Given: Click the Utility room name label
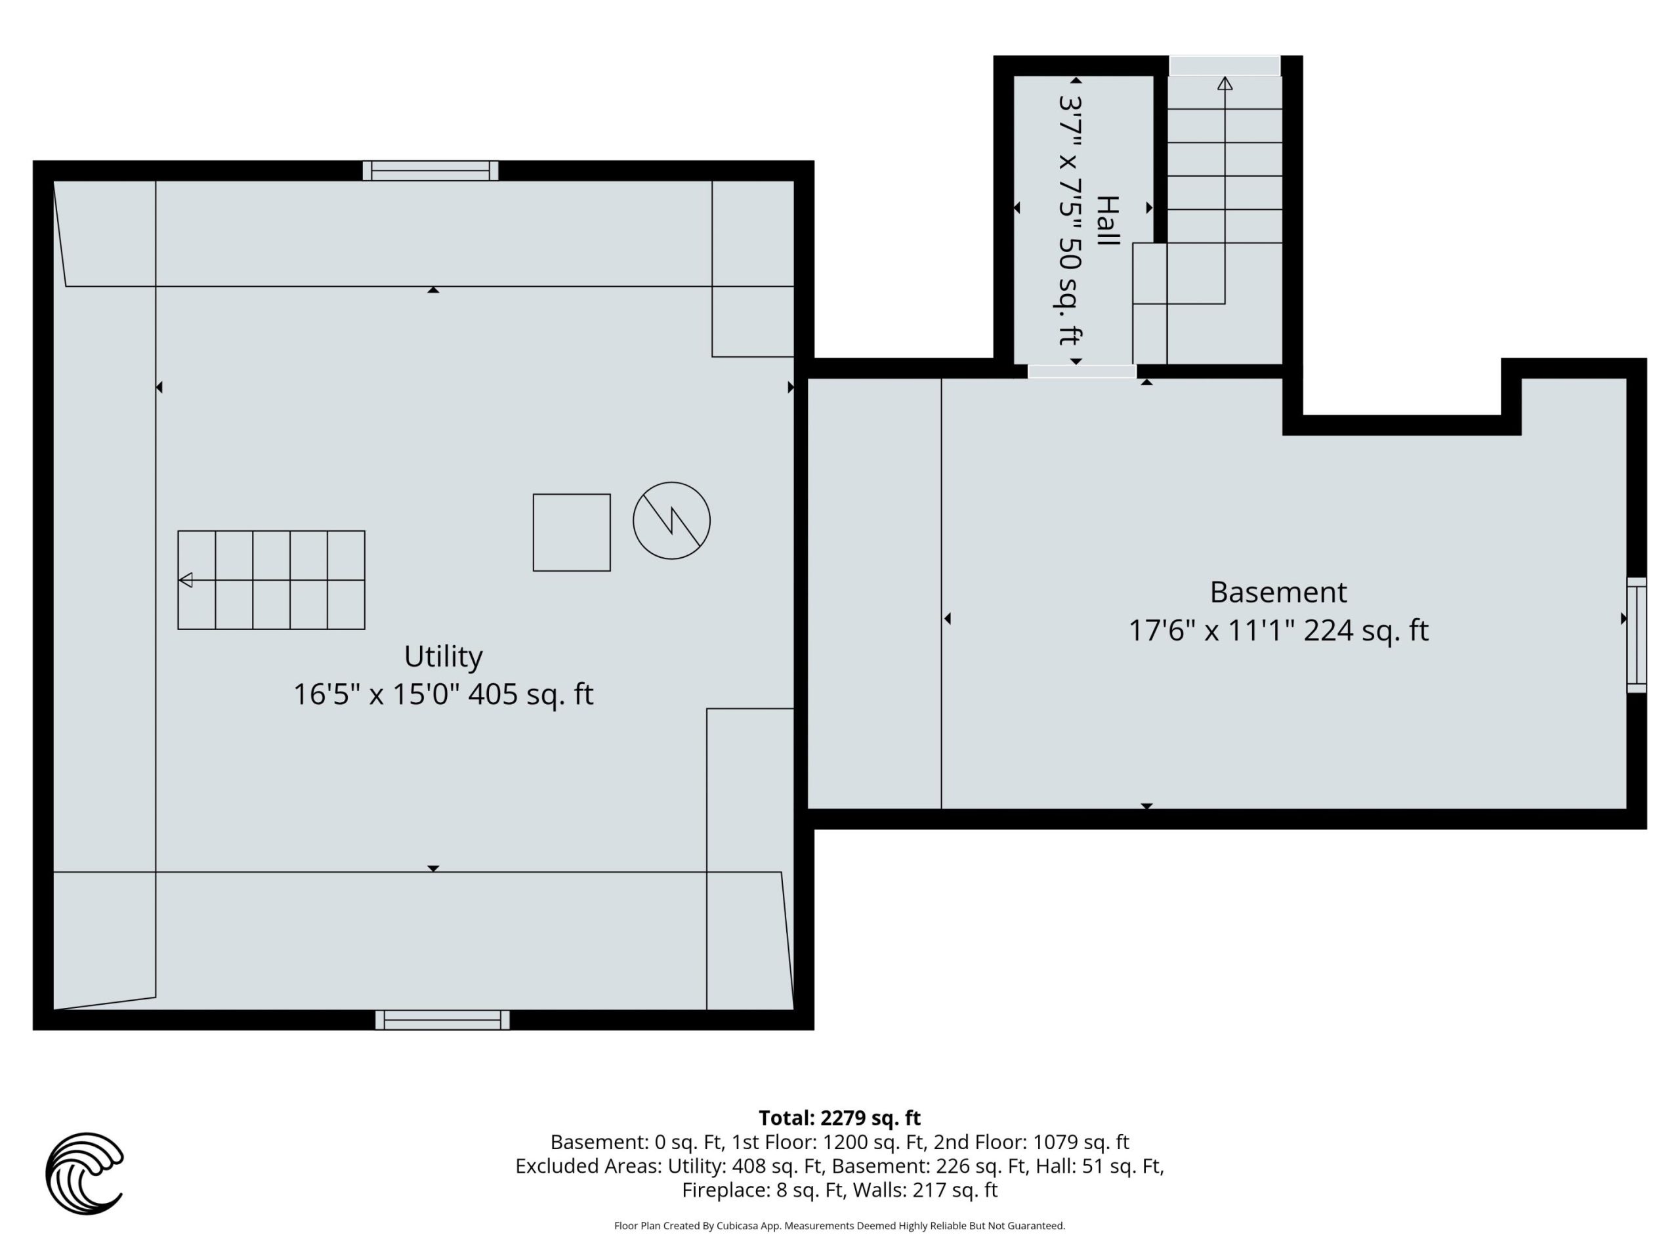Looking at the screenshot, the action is (443, 656).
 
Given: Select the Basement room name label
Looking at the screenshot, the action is (1278, 592).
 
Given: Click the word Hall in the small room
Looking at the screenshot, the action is (1107, 220).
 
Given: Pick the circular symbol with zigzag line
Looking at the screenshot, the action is (671, 521).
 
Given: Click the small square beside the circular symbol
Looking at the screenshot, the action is (572, 532).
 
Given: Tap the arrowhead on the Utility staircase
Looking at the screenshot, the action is (185, 580).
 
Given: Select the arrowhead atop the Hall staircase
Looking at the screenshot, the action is (1225, 83).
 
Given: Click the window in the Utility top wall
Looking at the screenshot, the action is (430, 170).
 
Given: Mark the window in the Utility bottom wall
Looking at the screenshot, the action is (442, 1020).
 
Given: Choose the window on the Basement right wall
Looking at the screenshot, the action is (1637, 635).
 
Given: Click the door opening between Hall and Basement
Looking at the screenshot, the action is (1081, 371).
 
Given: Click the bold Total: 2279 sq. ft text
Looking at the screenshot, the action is (839, 1118).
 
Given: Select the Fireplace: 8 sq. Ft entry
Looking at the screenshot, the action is (763, 1190).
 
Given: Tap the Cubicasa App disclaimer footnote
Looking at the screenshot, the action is (839, 1226).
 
